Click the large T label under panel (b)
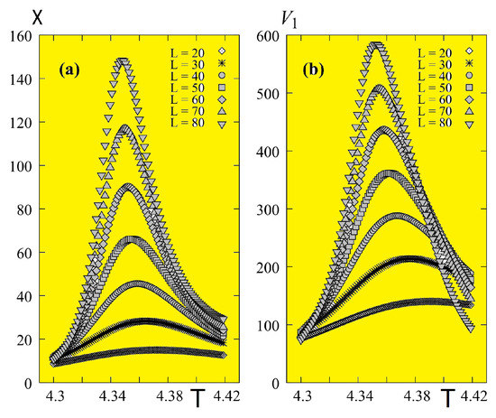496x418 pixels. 448,397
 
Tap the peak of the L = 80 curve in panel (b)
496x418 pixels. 376,45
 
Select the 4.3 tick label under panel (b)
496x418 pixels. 304,398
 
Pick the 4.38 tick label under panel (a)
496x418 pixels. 170,398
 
